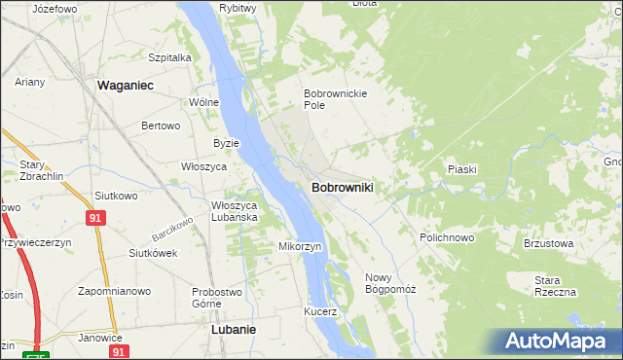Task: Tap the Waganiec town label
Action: (x=127, y=86)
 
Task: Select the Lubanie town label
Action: (x=234, y=329)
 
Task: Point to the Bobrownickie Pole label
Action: (x=333, y=98)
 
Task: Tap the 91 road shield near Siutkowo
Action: (x=94, y=220)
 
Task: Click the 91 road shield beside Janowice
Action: (x=118, y=351)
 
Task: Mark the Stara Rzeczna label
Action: (x=555, y=286)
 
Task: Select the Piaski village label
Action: (x=461, y=169)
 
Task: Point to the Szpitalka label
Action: (x=169, y=57)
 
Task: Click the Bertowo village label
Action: (x=162, y=126)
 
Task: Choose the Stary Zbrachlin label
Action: (x=39, y=171)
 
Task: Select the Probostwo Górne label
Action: (x=217, y=297)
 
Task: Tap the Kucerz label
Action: (x=319, y=312)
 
